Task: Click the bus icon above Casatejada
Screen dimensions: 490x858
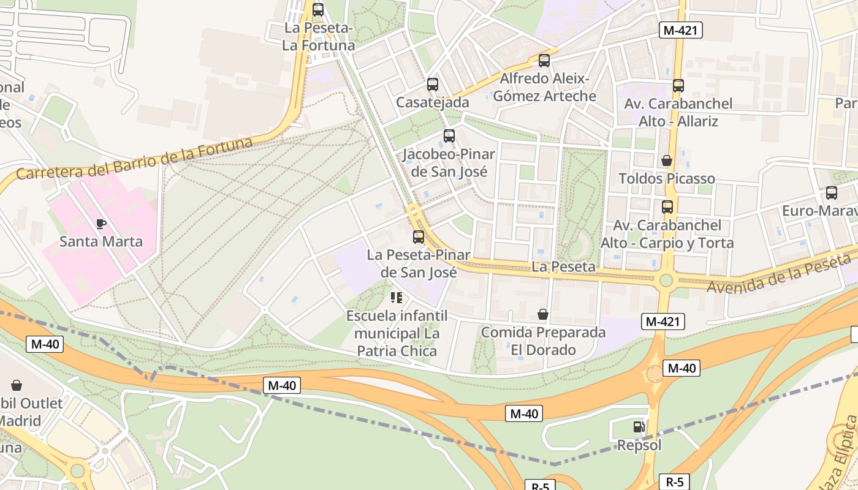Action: point(433,85)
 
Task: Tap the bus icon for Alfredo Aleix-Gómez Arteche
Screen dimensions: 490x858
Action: point(544,61)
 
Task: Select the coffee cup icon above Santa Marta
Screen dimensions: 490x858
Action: point(101,224)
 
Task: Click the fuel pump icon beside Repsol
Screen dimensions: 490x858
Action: point(639,426)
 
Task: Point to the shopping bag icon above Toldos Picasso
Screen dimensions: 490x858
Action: point(667,160)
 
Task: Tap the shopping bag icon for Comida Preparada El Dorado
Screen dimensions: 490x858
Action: point(543,315)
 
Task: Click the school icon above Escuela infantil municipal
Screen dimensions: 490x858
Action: point(397,298)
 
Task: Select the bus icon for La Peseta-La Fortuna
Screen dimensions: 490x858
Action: point(318,10)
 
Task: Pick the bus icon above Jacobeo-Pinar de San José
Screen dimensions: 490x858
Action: point(449,136)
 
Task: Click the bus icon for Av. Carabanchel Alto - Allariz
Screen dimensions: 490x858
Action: point(678,86)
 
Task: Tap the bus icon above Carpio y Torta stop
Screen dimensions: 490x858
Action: point(667,207)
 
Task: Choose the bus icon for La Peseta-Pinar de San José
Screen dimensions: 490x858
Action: point(419,236)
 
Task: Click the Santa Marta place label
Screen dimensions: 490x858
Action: point(101,241)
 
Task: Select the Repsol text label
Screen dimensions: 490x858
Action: point(639,445)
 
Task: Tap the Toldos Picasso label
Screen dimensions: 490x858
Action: point(667,179)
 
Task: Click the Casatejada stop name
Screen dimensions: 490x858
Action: point(433,102)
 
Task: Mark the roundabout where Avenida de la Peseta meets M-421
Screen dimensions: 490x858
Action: point(666,281)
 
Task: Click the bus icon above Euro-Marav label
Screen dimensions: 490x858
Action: point(832,193)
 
